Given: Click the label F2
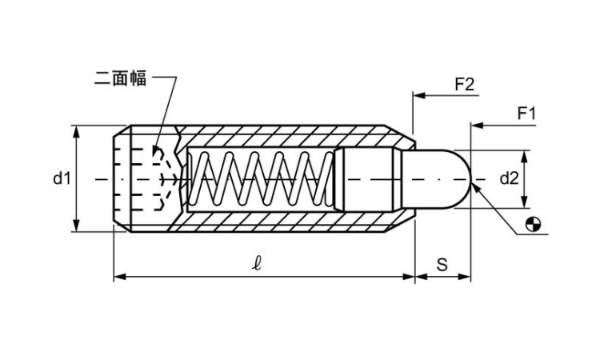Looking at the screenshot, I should pyautogui.click(x=465, y=83).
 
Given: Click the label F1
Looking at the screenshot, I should pyautogui.click(x=526, y=114).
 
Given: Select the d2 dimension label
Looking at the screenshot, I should pyautogui.click(x=510, y=178).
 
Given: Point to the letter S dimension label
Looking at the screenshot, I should pyautogui.click(x=442, y=265).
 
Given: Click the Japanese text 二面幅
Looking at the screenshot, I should pyautogui.click(x=120, y=78).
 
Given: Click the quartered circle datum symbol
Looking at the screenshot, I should pyautogui.click(x=534, y=225).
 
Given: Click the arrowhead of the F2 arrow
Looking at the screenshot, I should pyautogui.click(x=418, y=95).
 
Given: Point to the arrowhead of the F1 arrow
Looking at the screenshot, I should pyautogui.click(x=476, y=126).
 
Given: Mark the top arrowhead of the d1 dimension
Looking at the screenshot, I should pyautogui.click(x=77, y=130).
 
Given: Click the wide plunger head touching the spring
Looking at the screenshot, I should pyautogui.click(x=365, y=178).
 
